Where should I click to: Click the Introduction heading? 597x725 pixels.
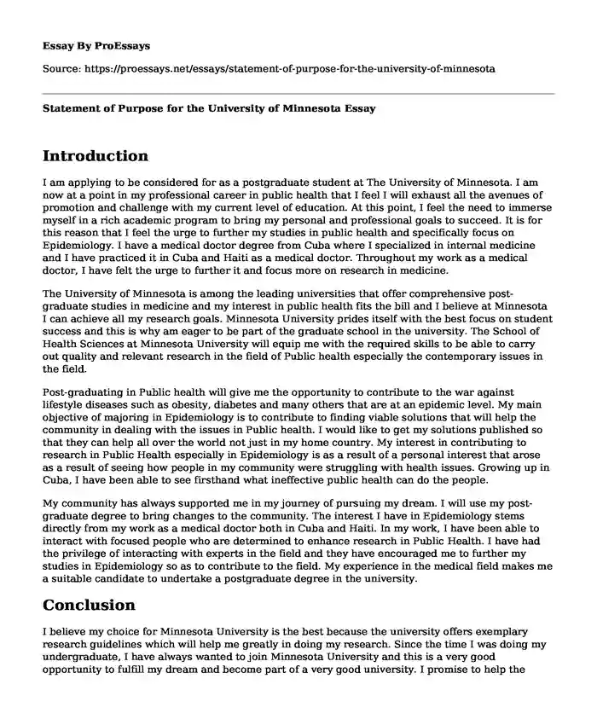pos(95,156)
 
